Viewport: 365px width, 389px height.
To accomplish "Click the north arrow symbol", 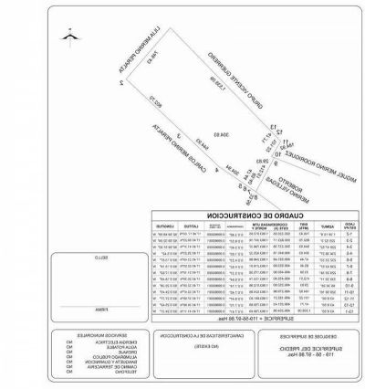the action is (x=67, y=36).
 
